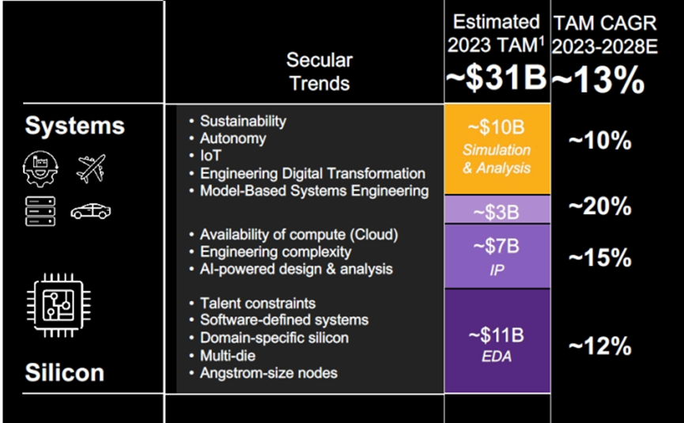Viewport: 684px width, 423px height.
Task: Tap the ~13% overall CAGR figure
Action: click(599, 81)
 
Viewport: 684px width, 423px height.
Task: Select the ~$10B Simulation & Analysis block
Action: click(497, 149)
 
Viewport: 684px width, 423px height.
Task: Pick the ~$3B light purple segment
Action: click(497, 211)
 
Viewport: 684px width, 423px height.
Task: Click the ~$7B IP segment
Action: click(497, 255)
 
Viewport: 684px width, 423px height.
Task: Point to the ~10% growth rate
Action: click(600, 142)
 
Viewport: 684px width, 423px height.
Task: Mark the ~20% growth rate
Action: click(600, 207)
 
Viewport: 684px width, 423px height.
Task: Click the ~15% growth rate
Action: click(600, 258)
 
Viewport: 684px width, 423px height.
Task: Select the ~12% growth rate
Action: click(600, 346)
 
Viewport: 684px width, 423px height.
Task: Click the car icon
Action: click(90, 211)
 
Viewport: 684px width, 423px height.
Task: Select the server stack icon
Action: click(40, 211)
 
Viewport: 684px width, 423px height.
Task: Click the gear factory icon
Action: click(40, 168)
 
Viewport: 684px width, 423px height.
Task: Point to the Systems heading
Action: click(75, 125)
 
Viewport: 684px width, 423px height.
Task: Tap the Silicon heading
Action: click(65, 372)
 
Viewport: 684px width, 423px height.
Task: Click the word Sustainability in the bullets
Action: click(243, 122)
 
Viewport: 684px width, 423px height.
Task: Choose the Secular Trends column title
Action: click(319, 71)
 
